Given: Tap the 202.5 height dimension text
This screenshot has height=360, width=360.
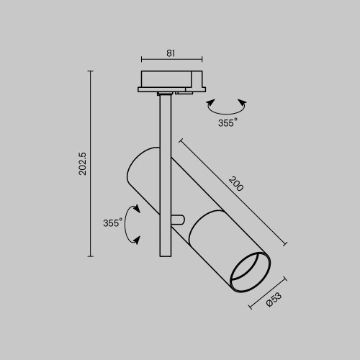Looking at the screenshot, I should click(83, 163).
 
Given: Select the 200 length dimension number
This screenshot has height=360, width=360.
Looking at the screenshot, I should click(235, 183).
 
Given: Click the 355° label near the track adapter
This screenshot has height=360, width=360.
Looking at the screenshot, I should click(227, 122).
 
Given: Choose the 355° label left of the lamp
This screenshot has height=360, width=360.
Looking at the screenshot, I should click(112, 223).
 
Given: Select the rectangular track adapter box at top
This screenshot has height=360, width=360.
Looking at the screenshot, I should click(172, 78).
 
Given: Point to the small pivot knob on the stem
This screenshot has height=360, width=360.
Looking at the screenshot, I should click(178, 220).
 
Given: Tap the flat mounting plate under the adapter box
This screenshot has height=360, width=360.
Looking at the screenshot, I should click(172, 89).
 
